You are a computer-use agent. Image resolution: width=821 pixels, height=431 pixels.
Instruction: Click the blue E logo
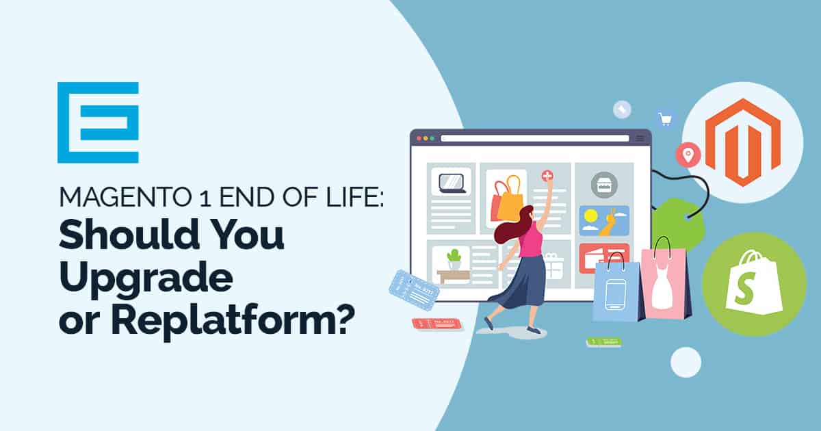[x=98, y=122]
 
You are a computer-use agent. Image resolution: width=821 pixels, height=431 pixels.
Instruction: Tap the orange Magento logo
[x=742, y=142]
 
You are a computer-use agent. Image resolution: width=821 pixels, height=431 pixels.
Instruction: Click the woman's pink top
[x=530, y=240]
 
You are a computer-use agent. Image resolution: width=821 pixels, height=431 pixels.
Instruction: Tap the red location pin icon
[x=688, y=155]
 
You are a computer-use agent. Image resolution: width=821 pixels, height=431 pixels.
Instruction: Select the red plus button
[x=547, y=176]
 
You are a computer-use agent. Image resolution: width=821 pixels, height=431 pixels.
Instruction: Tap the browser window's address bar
[x=534, y=138]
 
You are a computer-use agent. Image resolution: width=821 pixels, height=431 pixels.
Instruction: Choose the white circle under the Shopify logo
[x=686, y=362]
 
